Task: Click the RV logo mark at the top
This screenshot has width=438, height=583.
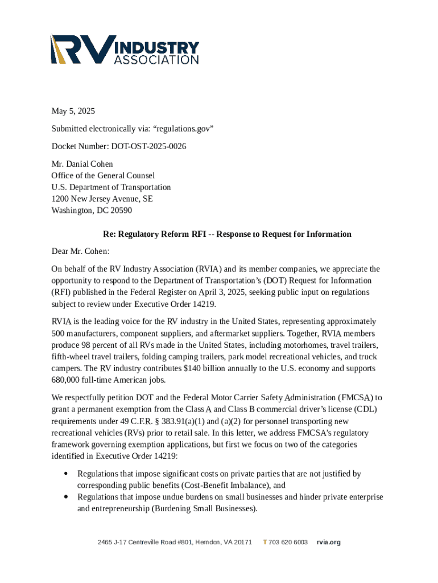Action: pyautogui.click(x=80, y=49)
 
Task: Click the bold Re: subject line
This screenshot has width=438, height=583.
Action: pyautogui.click(x=227, y=234)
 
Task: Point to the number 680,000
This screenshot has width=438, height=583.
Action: pyautogui.click(x=68, y=380)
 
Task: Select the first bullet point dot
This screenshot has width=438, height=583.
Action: pyautogui.click(x=67, y=474)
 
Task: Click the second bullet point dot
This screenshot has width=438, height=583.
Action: pyautogui.click(x=67, y=497)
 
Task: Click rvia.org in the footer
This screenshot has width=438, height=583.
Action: pyautogui.click(x=329, y=542)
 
